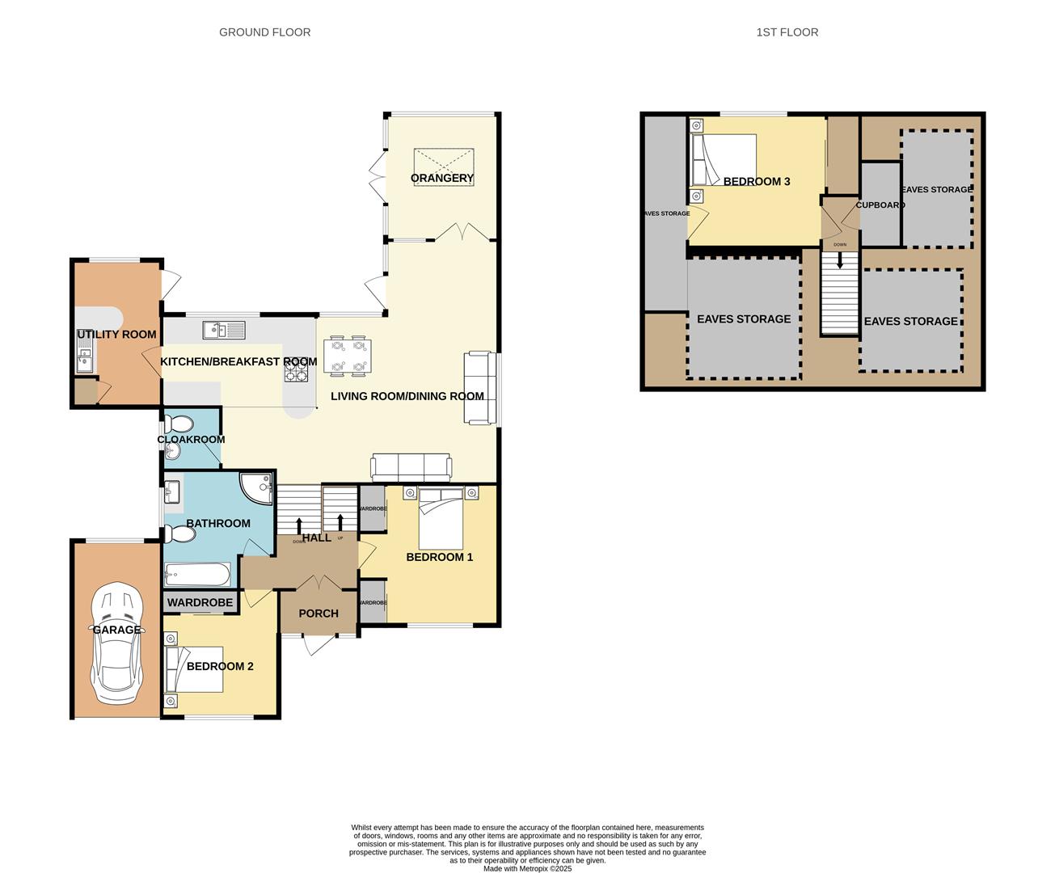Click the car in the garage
pos(117,643)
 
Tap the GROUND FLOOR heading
pos(264,32)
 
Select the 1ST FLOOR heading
pos(787,32)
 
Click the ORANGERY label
pos(441,178)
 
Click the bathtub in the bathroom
pos(197,575)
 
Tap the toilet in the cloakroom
pos(179,425)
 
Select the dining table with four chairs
pos(348,356)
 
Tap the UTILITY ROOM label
pos(116,334)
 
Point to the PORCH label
pos(319,614)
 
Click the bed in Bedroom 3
pos(724,159)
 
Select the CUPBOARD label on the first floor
pos(880,205)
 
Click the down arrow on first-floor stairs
pos(840,261)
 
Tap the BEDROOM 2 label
pos(220,666)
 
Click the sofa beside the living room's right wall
pos(477,388)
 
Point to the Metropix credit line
pos(527,869)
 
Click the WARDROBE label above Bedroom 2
pos(200,602)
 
